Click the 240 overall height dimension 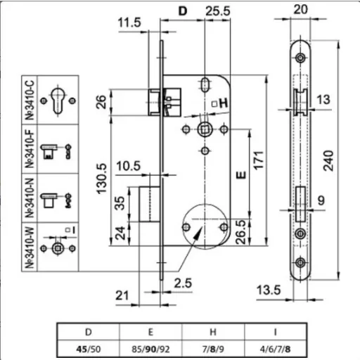pyautogui.click(x=328, y=161)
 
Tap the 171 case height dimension pyautogui.click(x=259, y=160)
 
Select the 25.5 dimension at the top pyautogui.click(x=218, y=11)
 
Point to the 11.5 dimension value pyautogui.click(x=129, y=22)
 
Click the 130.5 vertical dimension pyautogui.click(x=101, y=179)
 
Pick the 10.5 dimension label pyautogui.click(x=129, y=166)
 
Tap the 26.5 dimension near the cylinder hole pyautogui.click(x=241, y=232)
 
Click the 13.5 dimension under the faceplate pyautogui.click(x=269, y=290)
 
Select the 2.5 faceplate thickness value pyautogui.click(x=183, y=283)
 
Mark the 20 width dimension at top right pyautogui.click(x=300, y=9)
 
